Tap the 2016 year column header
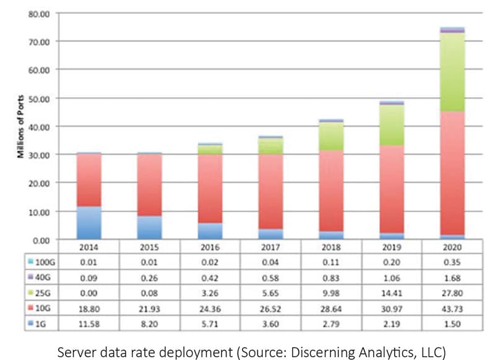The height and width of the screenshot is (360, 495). pos(209,249)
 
